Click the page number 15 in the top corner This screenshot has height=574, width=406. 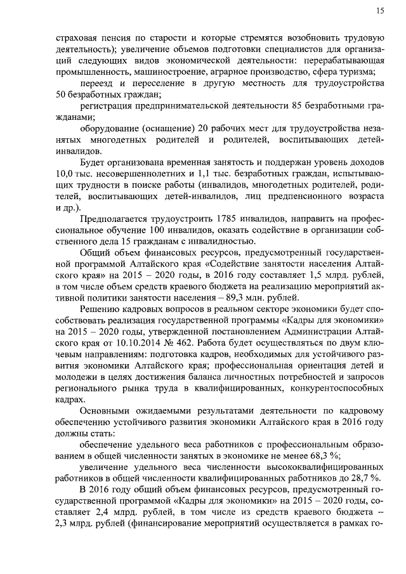coord(379,10)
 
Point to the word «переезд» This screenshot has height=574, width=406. coord(96,83)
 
